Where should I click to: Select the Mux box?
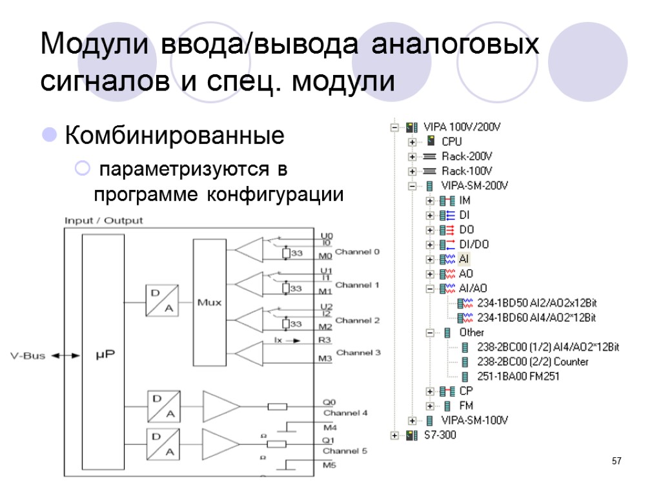208,302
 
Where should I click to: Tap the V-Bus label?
27,355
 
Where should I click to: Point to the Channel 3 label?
358,353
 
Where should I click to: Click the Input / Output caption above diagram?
103,220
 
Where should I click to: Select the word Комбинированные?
174,136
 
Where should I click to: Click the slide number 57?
616,461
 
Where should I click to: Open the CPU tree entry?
451,141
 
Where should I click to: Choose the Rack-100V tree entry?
467,171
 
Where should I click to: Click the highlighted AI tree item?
464,259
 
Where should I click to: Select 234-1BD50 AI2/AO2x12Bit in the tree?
536,303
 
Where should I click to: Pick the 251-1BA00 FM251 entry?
518,377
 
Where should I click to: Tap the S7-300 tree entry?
440,435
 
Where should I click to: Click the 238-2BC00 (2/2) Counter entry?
533,362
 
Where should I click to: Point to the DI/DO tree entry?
474,244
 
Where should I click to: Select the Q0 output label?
327,401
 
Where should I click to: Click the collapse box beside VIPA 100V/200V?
394,127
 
